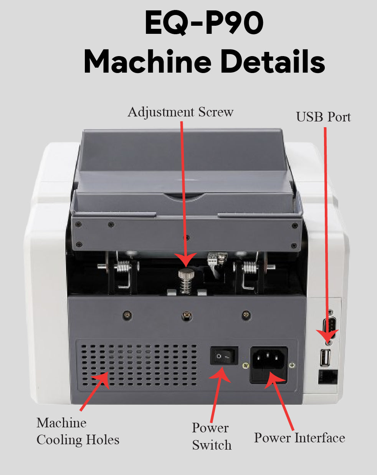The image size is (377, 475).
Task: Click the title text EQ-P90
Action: [x=204, y=23]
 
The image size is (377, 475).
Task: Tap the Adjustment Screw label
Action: [x=180, y=112]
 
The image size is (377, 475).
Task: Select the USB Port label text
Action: [x=323, y=117]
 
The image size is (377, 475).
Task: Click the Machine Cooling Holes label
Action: [x=78, y=431]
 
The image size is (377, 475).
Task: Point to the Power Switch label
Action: [x=212, y=436]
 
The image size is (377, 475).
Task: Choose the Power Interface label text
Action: [x=299, y=438]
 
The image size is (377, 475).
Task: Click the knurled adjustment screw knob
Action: [x=186, y=275]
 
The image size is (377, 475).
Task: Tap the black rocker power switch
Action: [x=224, y=356]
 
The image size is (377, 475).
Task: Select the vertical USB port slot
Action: [x=326, y=358]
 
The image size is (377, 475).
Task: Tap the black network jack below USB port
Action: [x=328, y=377]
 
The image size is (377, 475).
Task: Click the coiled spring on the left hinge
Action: [x=123, y=266]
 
